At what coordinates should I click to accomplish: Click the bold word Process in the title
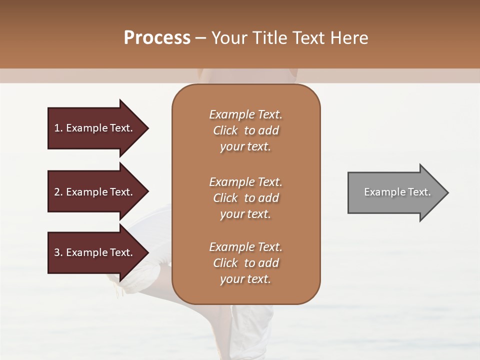point(157,38)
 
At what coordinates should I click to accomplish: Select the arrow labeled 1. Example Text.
point(95,128)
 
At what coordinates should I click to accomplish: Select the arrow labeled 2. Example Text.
point(95,192)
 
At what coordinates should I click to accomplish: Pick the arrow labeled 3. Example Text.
point(95,252)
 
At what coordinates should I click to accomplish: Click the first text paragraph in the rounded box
point(245,130)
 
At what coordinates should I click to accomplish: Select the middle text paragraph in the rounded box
point(245,198)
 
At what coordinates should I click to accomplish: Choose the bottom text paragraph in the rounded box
point(245,263)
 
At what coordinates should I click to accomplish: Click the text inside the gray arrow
point(397,192)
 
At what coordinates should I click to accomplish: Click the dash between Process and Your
point(200,38)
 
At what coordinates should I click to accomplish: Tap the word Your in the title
point(227,38)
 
